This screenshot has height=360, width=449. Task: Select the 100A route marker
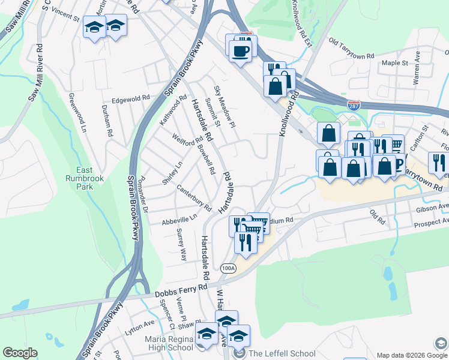tap(228, 268)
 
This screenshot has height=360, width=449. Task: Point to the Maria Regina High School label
tap(169, 344)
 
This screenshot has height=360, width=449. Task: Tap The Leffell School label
tap(282, 353)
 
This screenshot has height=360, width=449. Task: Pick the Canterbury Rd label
tap(194, 199)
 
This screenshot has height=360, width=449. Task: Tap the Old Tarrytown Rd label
tap(352, 41)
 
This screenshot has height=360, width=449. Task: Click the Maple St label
tap(394, 62)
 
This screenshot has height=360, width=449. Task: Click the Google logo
tap(20, 353)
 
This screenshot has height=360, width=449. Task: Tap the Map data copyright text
tap(403, 355)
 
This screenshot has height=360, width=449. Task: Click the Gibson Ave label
tap(432, 208)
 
